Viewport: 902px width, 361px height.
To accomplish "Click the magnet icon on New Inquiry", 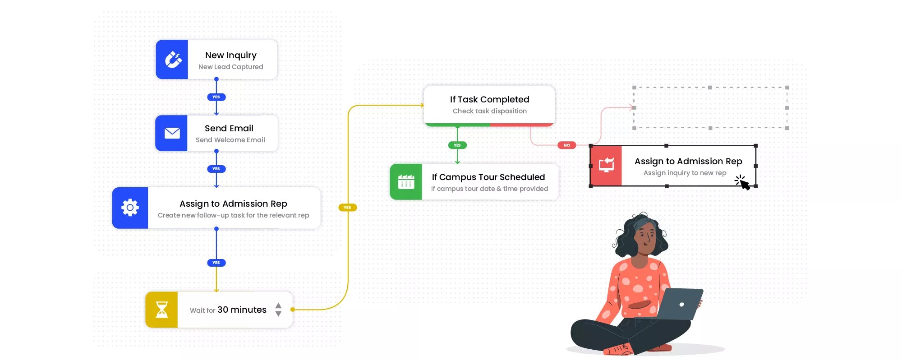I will [172, 60].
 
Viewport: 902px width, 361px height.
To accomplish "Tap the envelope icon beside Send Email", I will [172, 133].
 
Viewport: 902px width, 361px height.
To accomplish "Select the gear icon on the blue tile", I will [130, 208].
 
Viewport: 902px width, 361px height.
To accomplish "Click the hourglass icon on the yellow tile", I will [161, 310].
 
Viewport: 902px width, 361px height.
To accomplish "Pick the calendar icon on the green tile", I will [406, 182].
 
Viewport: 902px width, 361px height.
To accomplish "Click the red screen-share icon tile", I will [606, 165].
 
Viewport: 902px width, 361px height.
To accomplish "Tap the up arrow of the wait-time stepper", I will [278, 305].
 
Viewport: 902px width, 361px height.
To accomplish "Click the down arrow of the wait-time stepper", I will [278, 314].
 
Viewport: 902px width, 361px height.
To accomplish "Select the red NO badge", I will [566, 145].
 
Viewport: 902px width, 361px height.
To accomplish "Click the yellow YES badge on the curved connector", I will [347, 208].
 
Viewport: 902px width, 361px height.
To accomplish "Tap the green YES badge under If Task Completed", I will [457, 145].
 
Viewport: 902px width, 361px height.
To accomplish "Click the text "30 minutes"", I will [242, 310].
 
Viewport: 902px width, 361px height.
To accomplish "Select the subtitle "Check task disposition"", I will [489, 111].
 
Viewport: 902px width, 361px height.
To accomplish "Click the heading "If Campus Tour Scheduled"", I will [488, 177].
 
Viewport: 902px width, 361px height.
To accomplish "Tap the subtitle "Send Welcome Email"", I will [230, 140].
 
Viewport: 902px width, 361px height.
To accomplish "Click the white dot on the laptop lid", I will [681, 305].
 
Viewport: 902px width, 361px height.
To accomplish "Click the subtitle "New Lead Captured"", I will [230, 67].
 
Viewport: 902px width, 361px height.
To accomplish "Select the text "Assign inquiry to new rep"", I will [685, 173].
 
